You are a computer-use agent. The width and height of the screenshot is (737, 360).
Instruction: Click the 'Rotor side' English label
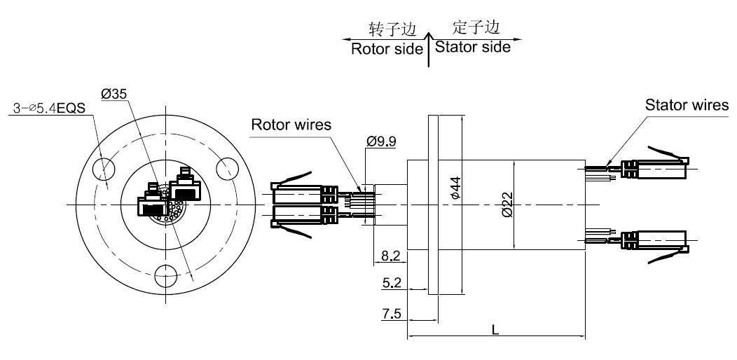pyautogui.click(x=387, y=49)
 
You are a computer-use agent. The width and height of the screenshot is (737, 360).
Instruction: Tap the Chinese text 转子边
pyautogui.click(x=393, y=29)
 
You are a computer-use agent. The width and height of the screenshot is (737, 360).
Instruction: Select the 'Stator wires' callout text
pyautogui.click(x=686, y=105)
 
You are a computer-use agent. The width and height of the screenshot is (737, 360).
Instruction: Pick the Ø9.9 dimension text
pyautogui.click(x=381, y=141)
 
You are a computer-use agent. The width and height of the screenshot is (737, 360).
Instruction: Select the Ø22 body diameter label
pyautogui.click(x=507, y=204)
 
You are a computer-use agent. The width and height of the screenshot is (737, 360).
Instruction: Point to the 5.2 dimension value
pyautogui.click(x=392, y=284)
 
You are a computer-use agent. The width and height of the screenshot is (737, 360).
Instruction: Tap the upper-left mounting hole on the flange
pyautogui.click(x=104, y=168)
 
